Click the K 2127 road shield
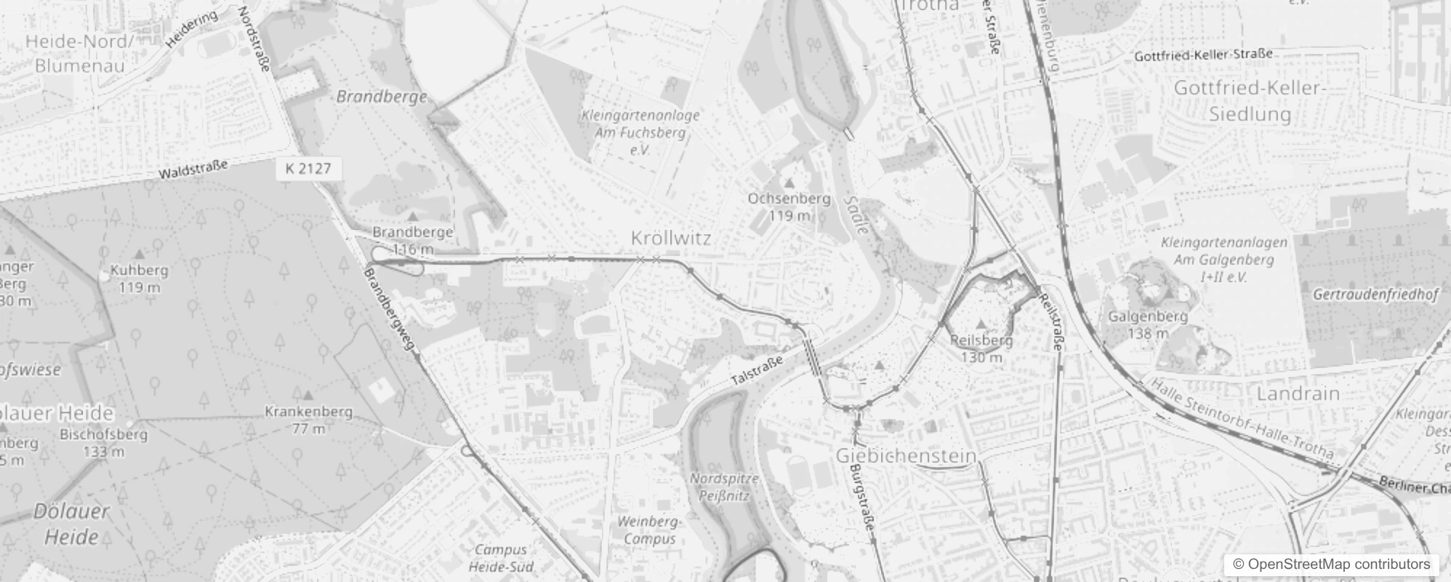point(309,169)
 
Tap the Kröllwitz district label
point(671,238)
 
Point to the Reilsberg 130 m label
point(981,348)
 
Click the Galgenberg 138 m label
point(1148,324)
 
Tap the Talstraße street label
point(757,370)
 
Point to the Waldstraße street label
point(193,170)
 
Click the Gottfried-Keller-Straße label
point(1204,55)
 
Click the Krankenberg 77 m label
point(308,420)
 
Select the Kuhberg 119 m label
point(139,278)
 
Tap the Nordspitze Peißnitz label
point(724,487)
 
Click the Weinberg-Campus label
point(649,530)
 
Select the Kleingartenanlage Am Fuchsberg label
point(640,132)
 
